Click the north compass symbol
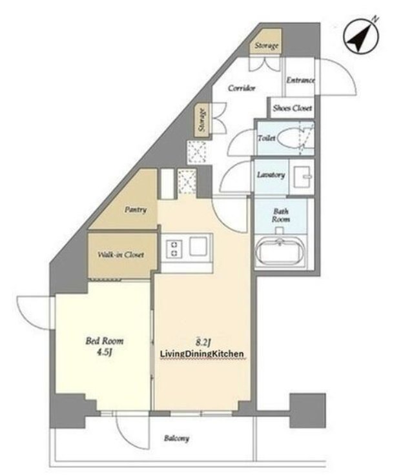(x=362, y=35)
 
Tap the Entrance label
(x=300, y=80)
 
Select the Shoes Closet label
(x=293, y=108)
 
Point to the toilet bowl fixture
(x=291, y=138)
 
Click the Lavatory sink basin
(x=302, y=177)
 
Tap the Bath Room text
(x=281, y=215)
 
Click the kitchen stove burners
(x=174, y=248)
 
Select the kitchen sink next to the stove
(x=198, y=246)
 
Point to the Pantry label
(x=136, y=210)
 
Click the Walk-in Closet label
(x=121, y=254)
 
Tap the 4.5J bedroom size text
(x=105, y=352)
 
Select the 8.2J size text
(x=203, y=342)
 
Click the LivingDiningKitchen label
(x=201, y=354)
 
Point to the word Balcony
(x=176, y=438)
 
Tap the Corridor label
(x=242, y=88)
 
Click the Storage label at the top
(x=266, y=46)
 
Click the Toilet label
(x=267, y=138)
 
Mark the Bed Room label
(x=105, y=341)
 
